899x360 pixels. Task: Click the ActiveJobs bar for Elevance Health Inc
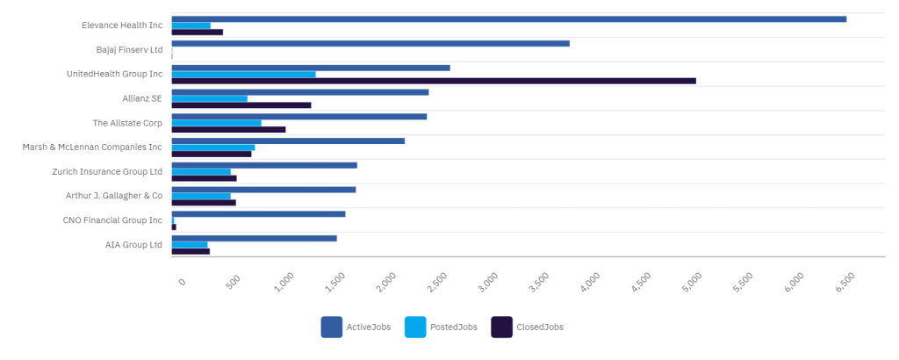pyautogui.click(x=508, y=18)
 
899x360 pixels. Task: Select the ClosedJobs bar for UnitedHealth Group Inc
pyautogui.click(x=434, y=81)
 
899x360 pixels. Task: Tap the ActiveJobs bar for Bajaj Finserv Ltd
pyautogui.click(x=370, y=43)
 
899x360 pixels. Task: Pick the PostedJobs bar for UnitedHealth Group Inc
pyautogui.click(x=243, y=74)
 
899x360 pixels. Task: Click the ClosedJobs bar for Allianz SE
pyautogui.click(x=241, y=105)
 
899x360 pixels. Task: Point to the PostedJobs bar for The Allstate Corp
pyautogui.click(x=216, y=123)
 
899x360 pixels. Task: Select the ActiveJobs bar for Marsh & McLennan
pyautogui.click(x=288, y=140)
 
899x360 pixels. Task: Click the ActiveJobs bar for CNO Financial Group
pyautogui.click(x=258, y=213)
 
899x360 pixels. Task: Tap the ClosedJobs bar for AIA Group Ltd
pyautogui.click(x=191, y=251)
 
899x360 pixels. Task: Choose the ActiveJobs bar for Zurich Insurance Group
pyautogui.click(x=264, y=165)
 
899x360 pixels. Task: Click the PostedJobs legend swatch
pyautogui.click(x=415, y=327)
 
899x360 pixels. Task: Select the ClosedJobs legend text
pyautogui.click(x=540, y=327)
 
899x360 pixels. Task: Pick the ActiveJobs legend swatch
pyautogui.click(x=332, y=327)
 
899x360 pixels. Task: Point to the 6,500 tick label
pyautogui.click(x=845, y=282)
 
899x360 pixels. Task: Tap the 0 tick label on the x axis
pyautogui.click(x=182, y=281)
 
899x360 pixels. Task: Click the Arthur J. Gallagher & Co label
pyautogui.click(x=114, y=195)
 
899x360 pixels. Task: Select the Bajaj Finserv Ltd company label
pyautogui.click(x=129, y=50)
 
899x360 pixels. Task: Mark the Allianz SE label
pyautogui.click(x=142, y=98)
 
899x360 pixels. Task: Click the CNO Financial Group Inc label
pyautogui.click(x=112, y=220)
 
